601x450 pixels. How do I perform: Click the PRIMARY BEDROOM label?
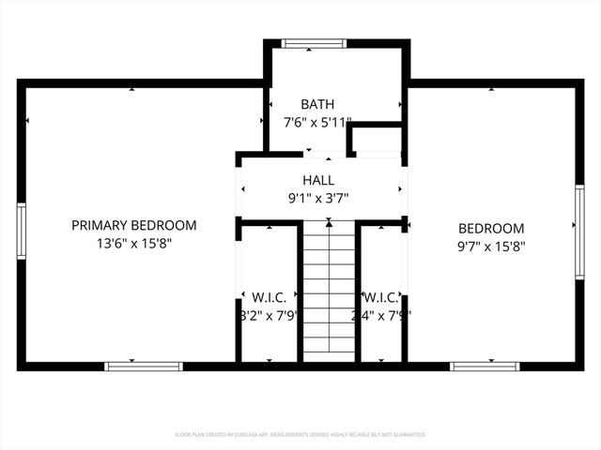[x=134, y=225]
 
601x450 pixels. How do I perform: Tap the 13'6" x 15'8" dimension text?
[x=134, y=243]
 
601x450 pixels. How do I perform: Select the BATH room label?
[x=317, y=104]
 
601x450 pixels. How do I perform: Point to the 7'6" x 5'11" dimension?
[x=317, y=122]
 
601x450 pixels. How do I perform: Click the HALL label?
[x=317, y=180]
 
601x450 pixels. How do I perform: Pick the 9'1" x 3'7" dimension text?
[x=317, y=198]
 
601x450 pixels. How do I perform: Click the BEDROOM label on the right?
[x=491, y=229]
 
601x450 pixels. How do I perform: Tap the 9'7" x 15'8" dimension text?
[x=491, y=247]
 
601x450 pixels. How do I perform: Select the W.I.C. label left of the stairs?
[x=269, y=297]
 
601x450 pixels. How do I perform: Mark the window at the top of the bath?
[x=315, y=43]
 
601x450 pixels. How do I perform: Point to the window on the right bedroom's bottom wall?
[x=484, y=366]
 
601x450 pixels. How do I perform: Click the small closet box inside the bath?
[x=376, y=139]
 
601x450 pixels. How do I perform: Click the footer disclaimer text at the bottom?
[x=300, y=435]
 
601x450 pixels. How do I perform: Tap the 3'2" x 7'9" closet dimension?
[x=269, y=316]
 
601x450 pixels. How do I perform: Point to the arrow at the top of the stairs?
[x=328, y=223]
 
